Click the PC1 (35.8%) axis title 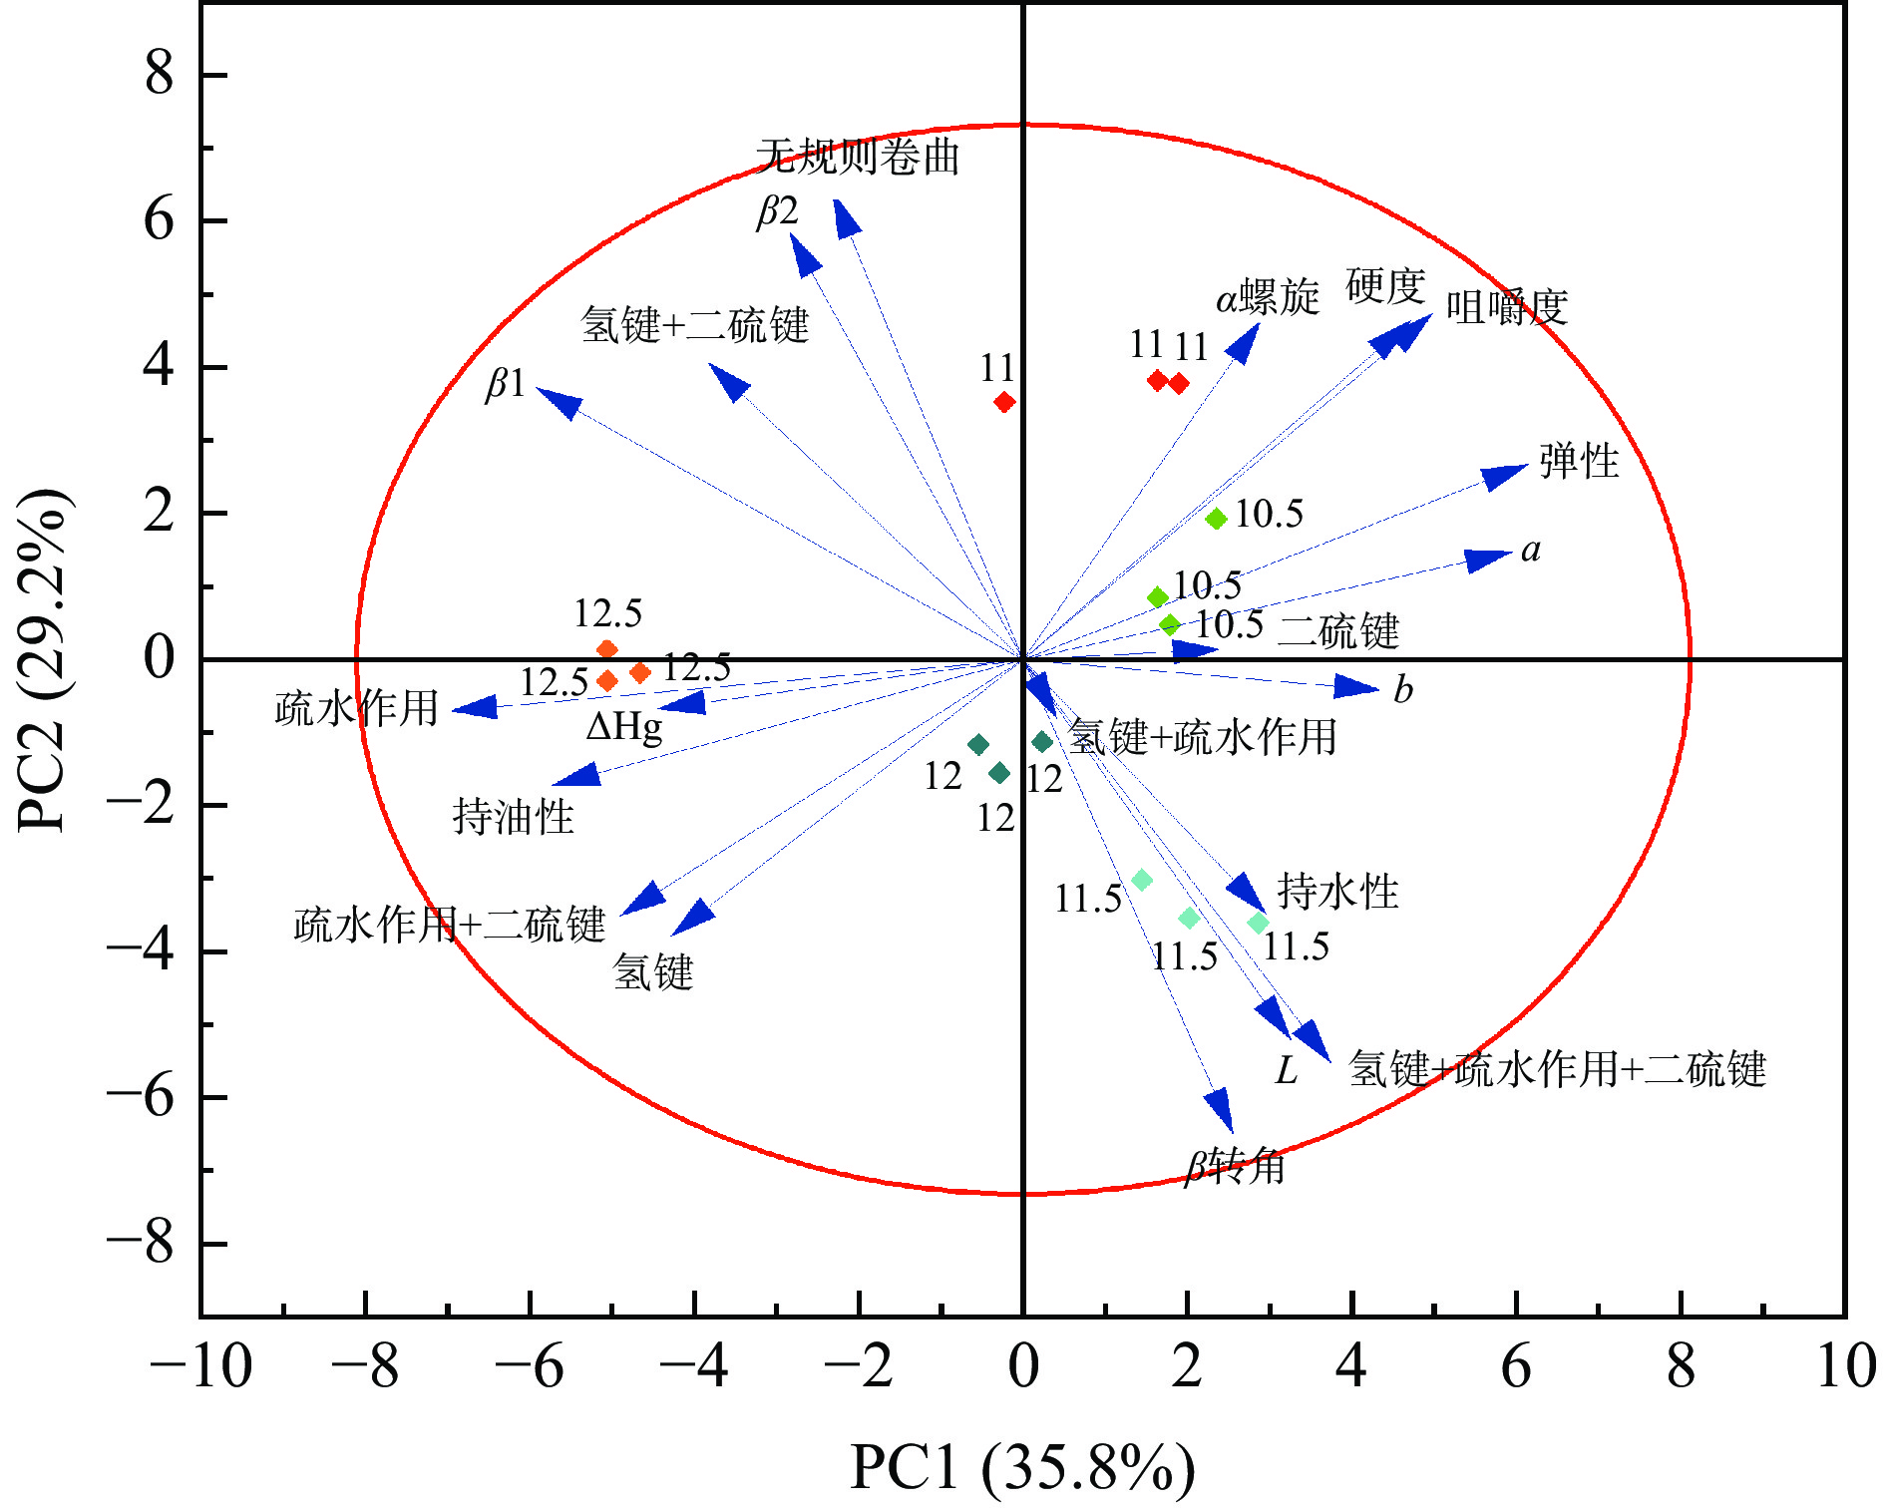[1022, 1467]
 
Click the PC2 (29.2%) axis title [44, 660]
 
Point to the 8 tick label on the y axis [159, 75]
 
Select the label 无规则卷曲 [858, 157]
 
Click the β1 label [506, 383]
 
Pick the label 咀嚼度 [1507, 307]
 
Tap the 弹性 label [1579, 461]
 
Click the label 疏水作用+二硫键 [449, 926]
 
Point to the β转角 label [1235, 1165]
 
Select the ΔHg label [624, 727]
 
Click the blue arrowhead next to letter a [1488, 560]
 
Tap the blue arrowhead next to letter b [1356, 686]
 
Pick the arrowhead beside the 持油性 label [576, 777]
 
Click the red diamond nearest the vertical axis [1004, 402]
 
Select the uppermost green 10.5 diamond [1216, 519]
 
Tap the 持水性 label [1337, 891]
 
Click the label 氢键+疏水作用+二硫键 [1557, 1069]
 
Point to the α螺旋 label [1268, 297]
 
